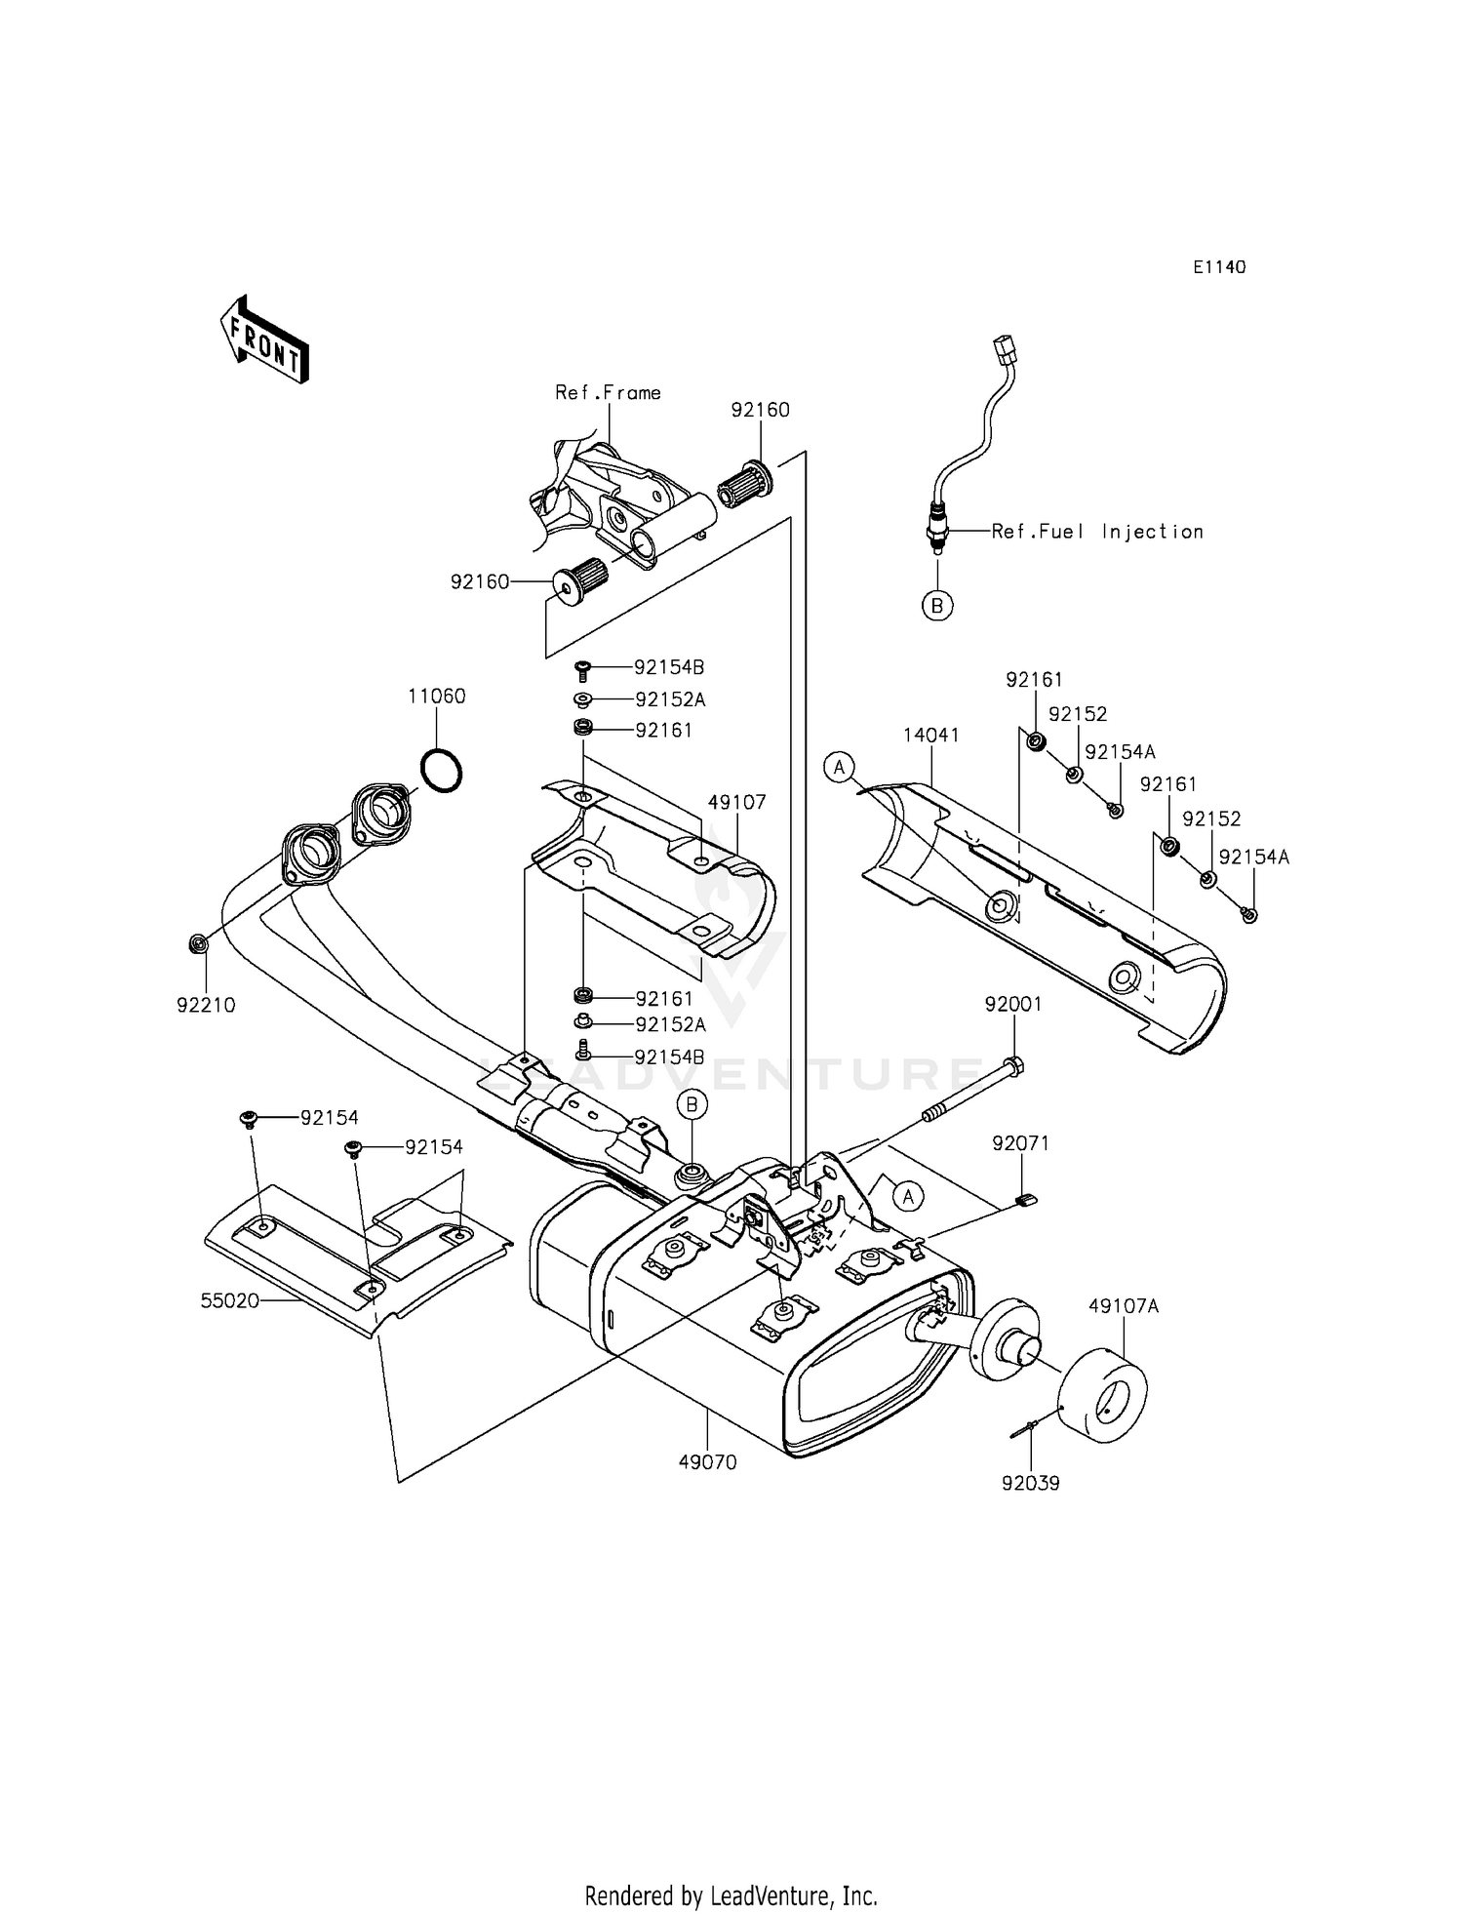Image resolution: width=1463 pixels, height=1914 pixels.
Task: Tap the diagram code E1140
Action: tap(1218, 267)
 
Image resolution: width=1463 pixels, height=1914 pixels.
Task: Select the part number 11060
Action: tap(437, 697)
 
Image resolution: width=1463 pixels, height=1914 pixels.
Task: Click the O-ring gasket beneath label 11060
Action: tap(441, 771)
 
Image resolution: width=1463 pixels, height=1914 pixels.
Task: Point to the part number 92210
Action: tap(206, 1006)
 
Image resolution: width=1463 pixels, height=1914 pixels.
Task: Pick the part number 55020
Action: tap(230, 1300)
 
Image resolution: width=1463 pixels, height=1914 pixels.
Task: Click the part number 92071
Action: tap(1021, 1143)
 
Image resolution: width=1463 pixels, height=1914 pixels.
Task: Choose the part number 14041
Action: tap(930, 736)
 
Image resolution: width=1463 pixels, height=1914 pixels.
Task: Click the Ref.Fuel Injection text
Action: tap(1097, 532)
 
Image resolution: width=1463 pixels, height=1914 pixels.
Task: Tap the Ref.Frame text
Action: tap(609, 393)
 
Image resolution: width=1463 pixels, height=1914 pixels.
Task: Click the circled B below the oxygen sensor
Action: tap(937, 606)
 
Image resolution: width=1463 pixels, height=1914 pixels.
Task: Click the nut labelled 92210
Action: tap(197, 944)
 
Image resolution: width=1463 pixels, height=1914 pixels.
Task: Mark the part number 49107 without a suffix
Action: tap(737, 803)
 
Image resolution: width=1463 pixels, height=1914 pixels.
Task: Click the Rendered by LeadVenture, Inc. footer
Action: tap(731, 1896)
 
